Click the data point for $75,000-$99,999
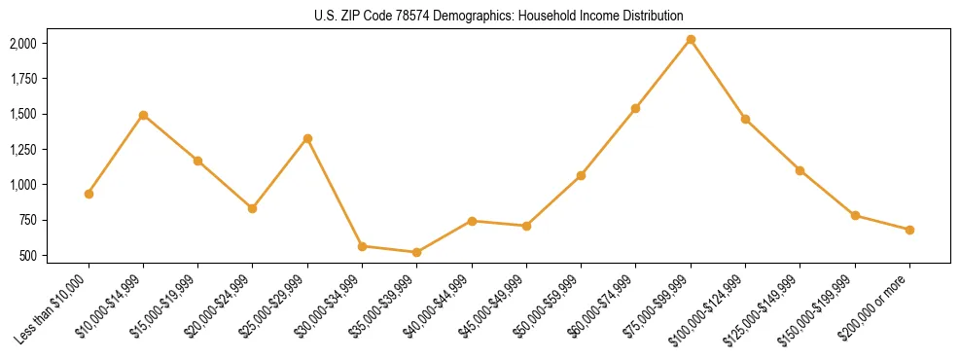691,40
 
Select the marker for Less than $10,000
89,194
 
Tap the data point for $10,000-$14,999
143,115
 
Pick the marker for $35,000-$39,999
417,253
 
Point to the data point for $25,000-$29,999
307,138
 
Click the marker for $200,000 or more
909,230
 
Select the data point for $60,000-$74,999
636,108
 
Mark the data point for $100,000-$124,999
745,119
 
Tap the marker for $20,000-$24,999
253,208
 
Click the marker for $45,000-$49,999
526,226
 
